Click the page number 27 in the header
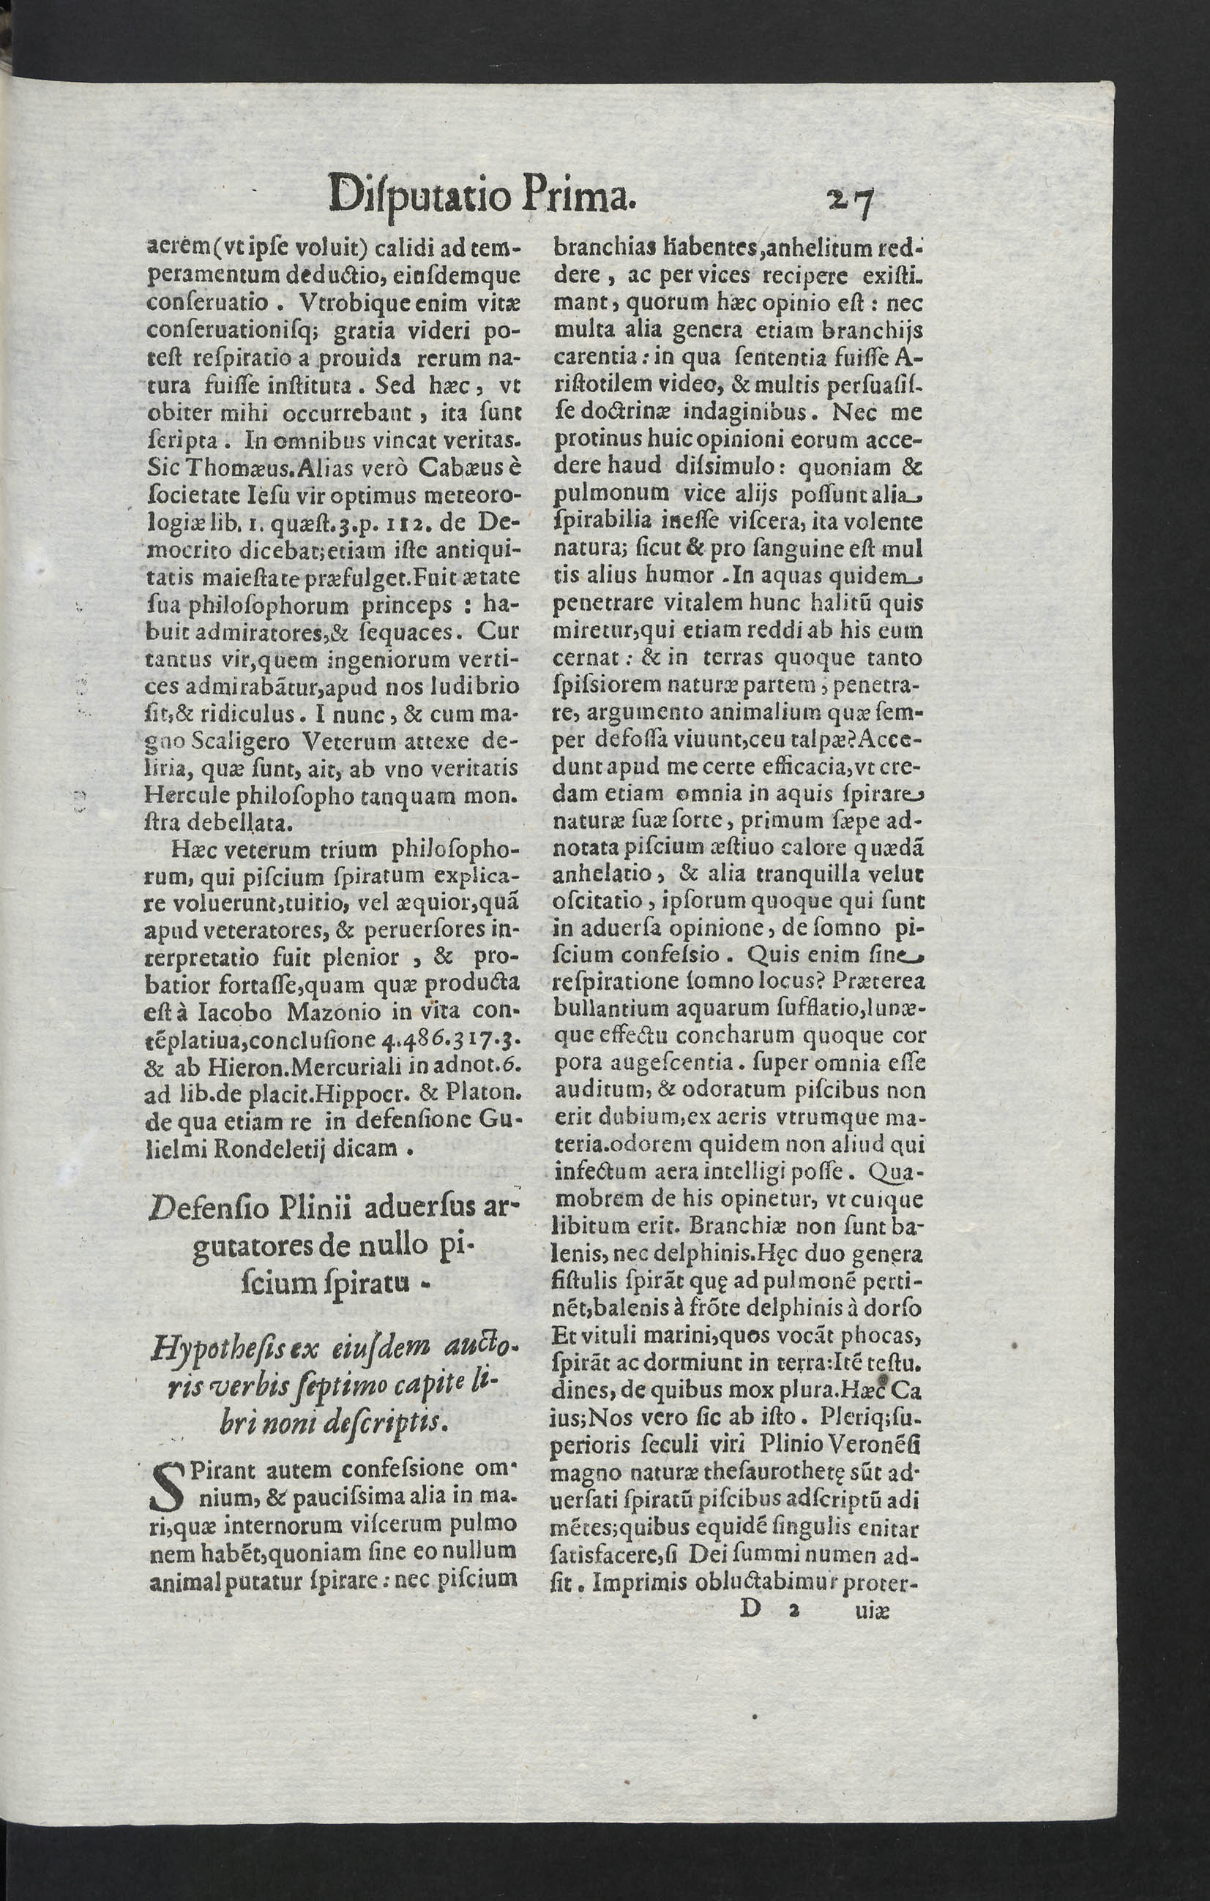click(x=848, y=203)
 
